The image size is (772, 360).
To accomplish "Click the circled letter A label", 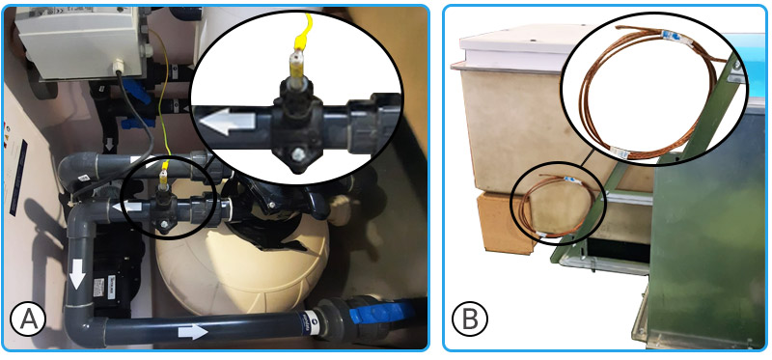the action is (x=28, y=318).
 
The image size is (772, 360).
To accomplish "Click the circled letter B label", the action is (x=470, y=319).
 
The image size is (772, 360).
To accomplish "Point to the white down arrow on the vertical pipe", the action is (x=77, y=274).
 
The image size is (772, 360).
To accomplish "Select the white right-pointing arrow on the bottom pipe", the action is (x=193, y=331).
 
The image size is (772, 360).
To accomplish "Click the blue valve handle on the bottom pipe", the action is (x=379, y=312).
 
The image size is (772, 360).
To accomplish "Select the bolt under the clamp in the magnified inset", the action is (x=297, y=156).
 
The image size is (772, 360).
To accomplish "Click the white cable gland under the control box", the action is (x=119, y=66).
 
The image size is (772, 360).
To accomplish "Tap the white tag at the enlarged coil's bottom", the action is (x=619, y=153).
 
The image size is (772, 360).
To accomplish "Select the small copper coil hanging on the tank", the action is (x=554, y=207).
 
